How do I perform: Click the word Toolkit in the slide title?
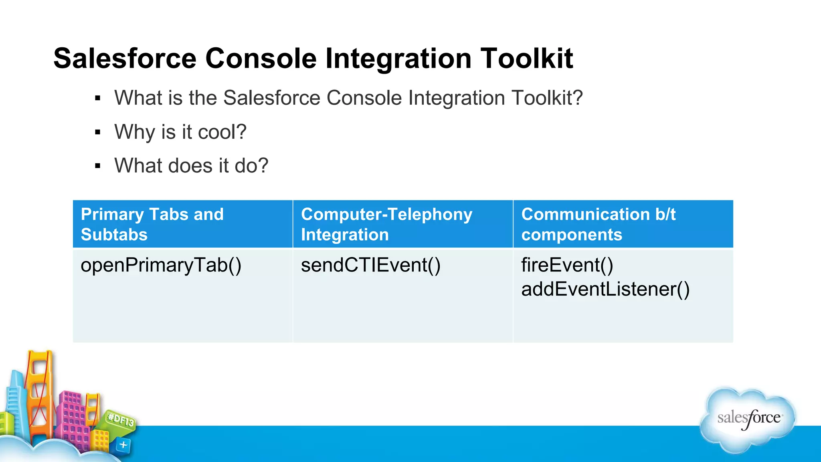tap(527, 59)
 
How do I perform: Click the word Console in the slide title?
tap(261, 59)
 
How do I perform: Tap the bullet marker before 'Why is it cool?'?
tap(97, 132)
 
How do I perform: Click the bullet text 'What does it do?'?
tap(191, 166)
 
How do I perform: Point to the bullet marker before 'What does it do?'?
tap(97, 166)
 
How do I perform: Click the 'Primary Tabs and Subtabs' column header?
tap(182, 224)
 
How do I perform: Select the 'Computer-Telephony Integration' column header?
tap(402, 224)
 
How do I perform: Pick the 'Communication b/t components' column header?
tap(623, 224)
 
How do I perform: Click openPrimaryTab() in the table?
tap(161, 265)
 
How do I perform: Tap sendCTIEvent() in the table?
tap(371, 265)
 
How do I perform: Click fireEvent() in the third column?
tap(567, 265)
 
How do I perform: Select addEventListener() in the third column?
tap(605, 290)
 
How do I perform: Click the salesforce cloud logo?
tap(748, 419)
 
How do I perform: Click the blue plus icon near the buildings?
tap(123, 445)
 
